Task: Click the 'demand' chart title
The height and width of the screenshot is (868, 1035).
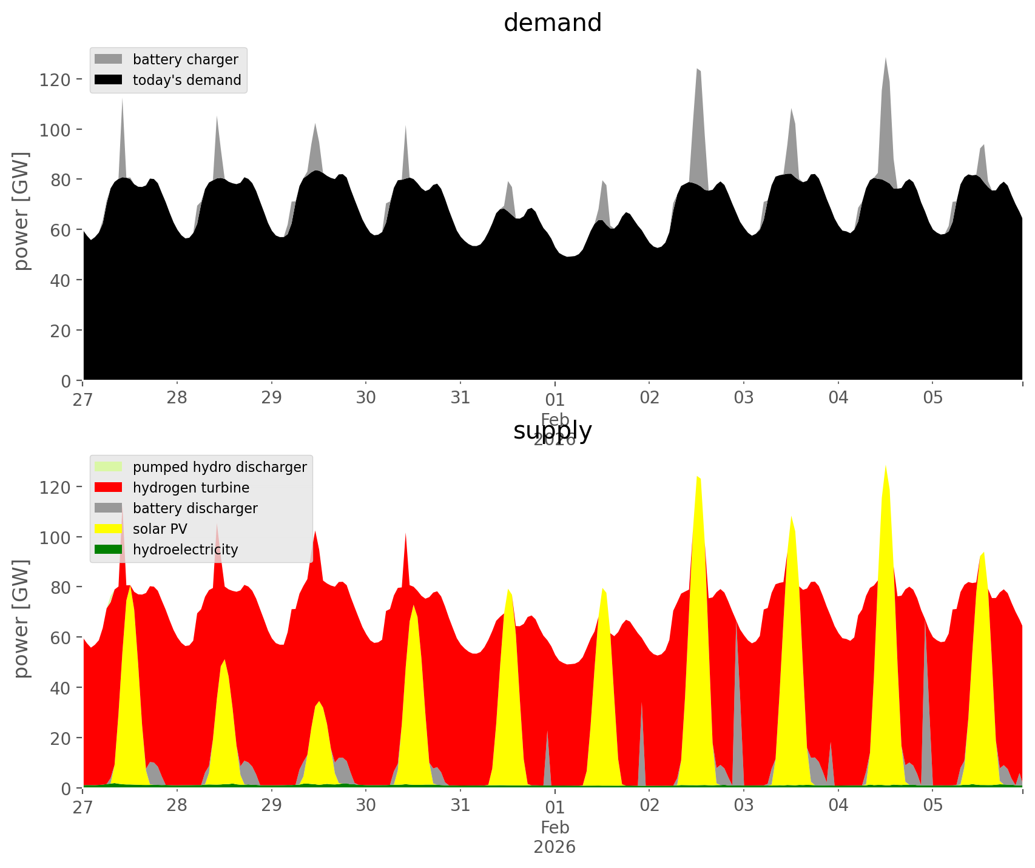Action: [552, 23]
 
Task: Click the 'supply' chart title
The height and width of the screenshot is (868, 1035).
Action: [552, 431]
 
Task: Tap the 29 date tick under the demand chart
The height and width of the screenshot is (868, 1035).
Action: [272, 398]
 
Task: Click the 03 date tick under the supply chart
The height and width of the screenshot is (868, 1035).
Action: [743, 806]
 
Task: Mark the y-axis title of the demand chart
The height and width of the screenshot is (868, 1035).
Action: [21, 211]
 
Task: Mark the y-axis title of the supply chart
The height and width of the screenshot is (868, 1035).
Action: [21, 619]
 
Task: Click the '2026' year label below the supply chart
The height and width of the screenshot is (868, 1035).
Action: [555, 847]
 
